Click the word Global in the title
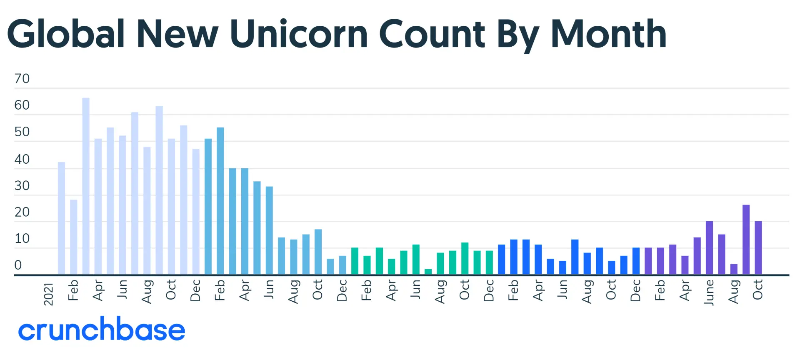click(x=66, y=34)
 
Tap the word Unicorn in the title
click(x=298, y=34)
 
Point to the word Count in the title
click(x=432, y=34)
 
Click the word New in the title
click(x=177, y=34)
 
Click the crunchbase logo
click(x=102, y=329)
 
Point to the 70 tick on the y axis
click(x=22, y=78)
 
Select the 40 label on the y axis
click(x=22, y=159)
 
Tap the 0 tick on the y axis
click(x=18, y=265)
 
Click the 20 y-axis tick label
click(x=22, y=212)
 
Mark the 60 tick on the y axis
click(x=22, y=105)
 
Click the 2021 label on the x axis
click(x=49, y=294)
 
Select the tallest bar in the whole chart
click(x=86, y=186)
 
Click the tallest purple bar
click(x=746, y=240)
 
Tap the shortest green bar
click(x=428, y=272)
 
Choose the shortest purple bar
click(x=734, y=269)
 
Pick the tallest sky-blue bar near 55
click(x=220, y=201)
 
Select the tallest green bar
click(x=465, y=258)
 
